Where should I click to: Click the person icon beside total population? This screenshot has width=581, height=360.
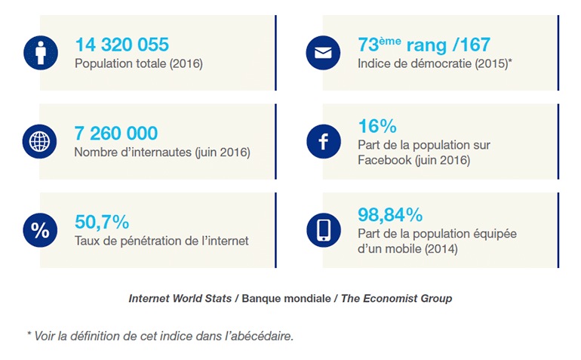(x=40, y=53)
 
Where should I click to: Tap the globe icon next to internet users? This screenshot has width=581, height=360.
(x=40, y=142)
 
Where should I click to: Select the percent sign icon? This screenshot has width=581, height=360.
(x=40, y=230)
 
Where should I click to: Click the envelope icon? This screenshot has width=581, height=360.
(x=324, y=53)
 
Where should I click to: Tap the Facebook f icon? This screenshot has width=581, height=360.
(x=324, y=142)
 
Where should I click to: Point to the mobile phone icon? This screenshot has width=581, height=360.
(x=324, y=230)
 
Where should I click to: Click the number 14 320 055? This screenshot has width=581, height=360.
(x=121, y=45)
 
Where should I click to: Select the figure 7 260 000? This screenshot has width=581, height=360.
(x=116, y=134)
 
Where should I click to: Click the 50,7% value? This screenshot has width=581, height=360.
(x=102, y=222)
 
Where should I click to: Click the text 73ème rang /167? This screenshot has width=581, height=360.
(x=410, y=45)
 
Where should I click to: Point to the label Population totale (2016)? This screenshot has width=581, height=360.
(x=139, y=63)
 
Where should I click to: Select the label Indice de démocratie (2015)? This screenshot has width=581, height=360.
(x=434, y=63)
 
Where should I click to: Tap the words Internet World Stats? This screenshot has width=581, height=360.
(x=180, y=298)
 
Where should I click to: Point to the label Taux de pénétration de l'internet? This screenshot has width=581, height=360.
(x=161, y=241)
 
